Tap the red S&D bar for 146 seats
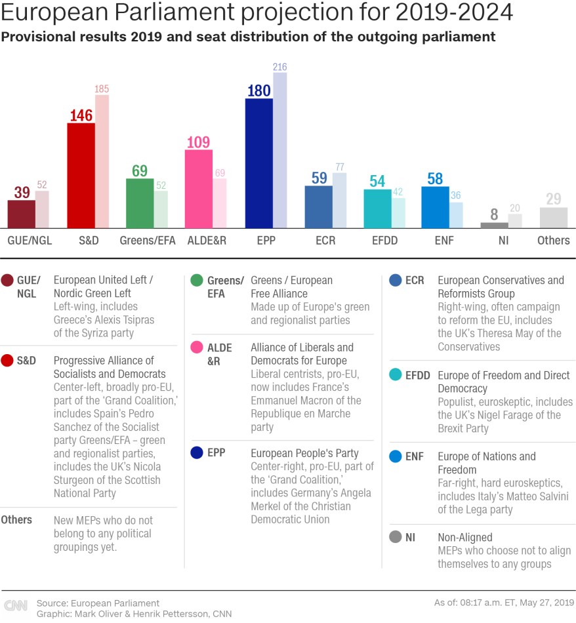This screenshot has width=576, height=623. [81, 175]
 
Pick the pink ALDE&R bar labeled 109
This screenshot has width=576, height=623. [199, 188]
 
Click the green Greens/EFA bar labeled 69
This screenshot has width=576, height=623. [140, 203]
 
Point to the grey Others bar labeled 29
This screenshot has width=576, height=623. [553, 218]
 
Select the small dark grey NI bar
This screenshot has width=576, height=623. [494, 225]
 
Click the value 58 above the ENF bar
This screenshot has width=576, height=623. [435, 178]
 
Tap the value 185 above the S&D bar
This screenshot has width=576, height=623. [102, 89]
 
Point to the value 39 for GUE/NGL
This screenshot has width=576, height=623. [22, 192]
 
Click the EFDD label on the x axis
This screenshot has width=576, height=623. [384, 241]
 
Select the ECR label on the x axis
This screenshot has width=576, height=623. [325, 241]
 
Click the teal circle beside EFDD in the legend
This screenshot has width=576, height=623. [395, 375]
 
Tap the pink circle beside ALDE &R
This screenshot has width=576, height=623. [197, 348]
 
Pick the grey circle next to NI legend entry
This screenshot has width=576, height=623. [395, 537]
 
